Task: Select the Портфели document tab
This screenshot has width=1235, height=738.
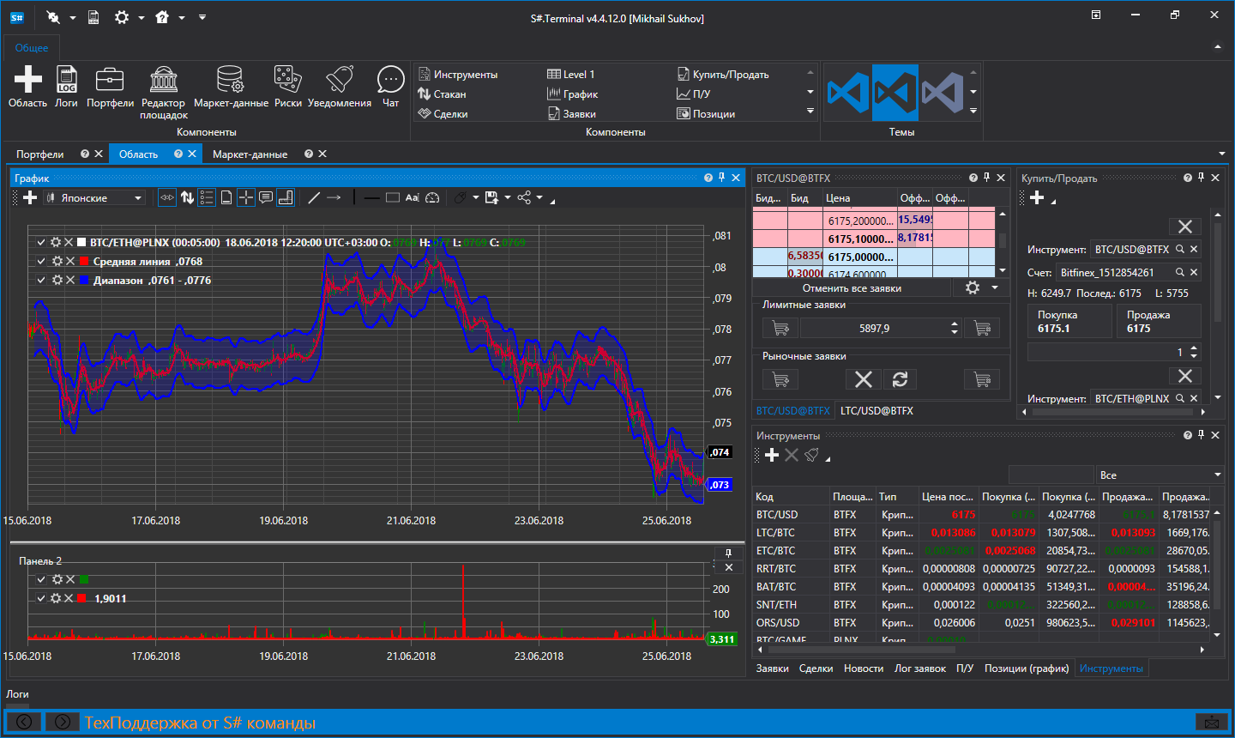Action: [x=40, y=154]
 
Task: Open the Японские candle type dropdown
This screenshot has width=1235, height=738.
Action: [x=94, y=198]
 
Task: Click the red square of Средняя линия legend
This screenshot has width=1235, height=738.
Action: [x=84, y=262]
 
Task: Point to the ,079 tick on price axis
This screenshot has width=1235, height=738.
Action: [x=722, y=299]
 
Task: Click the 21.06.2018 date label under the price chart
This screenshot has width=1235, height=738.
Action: [x=411, y=521]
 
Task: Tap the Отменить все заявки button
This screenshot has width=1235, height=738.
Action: [x=852, y=288]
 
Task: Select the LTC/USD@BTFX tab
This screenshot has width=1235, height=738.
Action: [x=877, y=411]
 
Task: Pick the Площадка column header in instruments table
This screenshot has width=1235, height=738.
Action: [x=852, y=497]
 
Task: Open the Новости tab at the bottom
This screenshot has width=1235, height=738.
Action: [x=863, y=668]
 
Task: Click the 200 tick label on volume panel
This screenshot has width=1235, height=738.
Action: [x=720, y=590]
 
